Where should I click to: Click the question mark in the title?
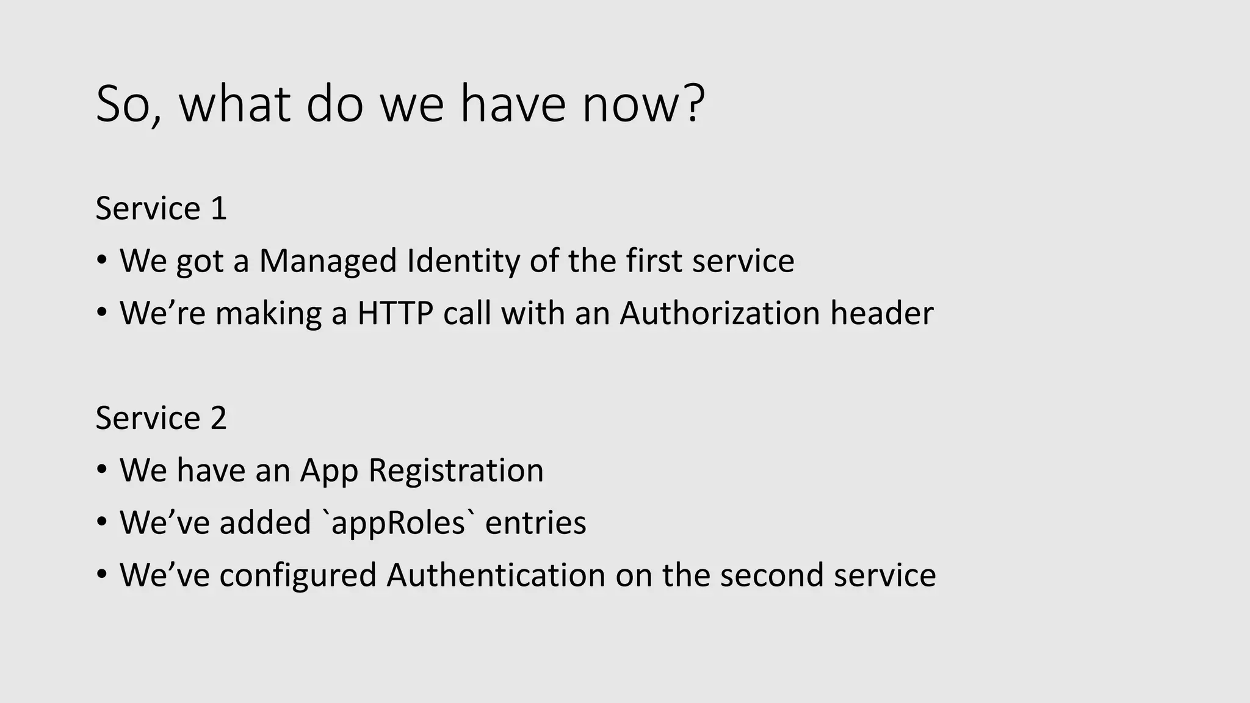click(693, 104)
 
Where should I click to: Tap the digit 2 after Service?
click(219, 419)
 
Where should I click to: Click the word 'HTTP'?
click(395, 314)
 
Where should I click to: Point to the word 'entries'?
click(535, 523)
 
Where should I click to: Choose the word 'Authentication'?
click(496, 575)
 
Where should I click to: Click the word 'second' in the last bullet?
click(771, 575)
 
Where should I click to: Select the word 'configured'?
click(298, 575)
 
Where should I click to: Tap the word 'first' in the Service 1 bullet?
click(654, 261)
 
